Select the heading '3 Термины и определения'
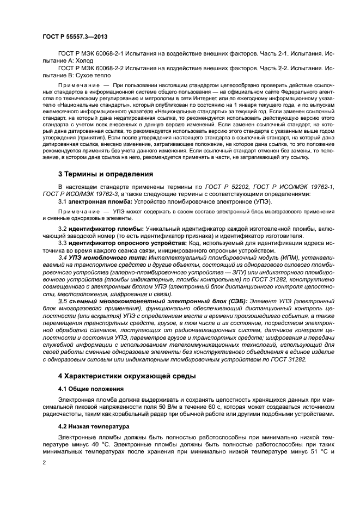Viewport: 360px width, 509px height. coord(106,174)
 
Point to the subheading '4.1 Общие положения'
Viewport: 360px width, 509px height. coord(90,389)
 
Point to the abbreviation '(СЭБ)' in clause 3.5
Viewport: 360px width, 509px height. coord(237,301)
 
